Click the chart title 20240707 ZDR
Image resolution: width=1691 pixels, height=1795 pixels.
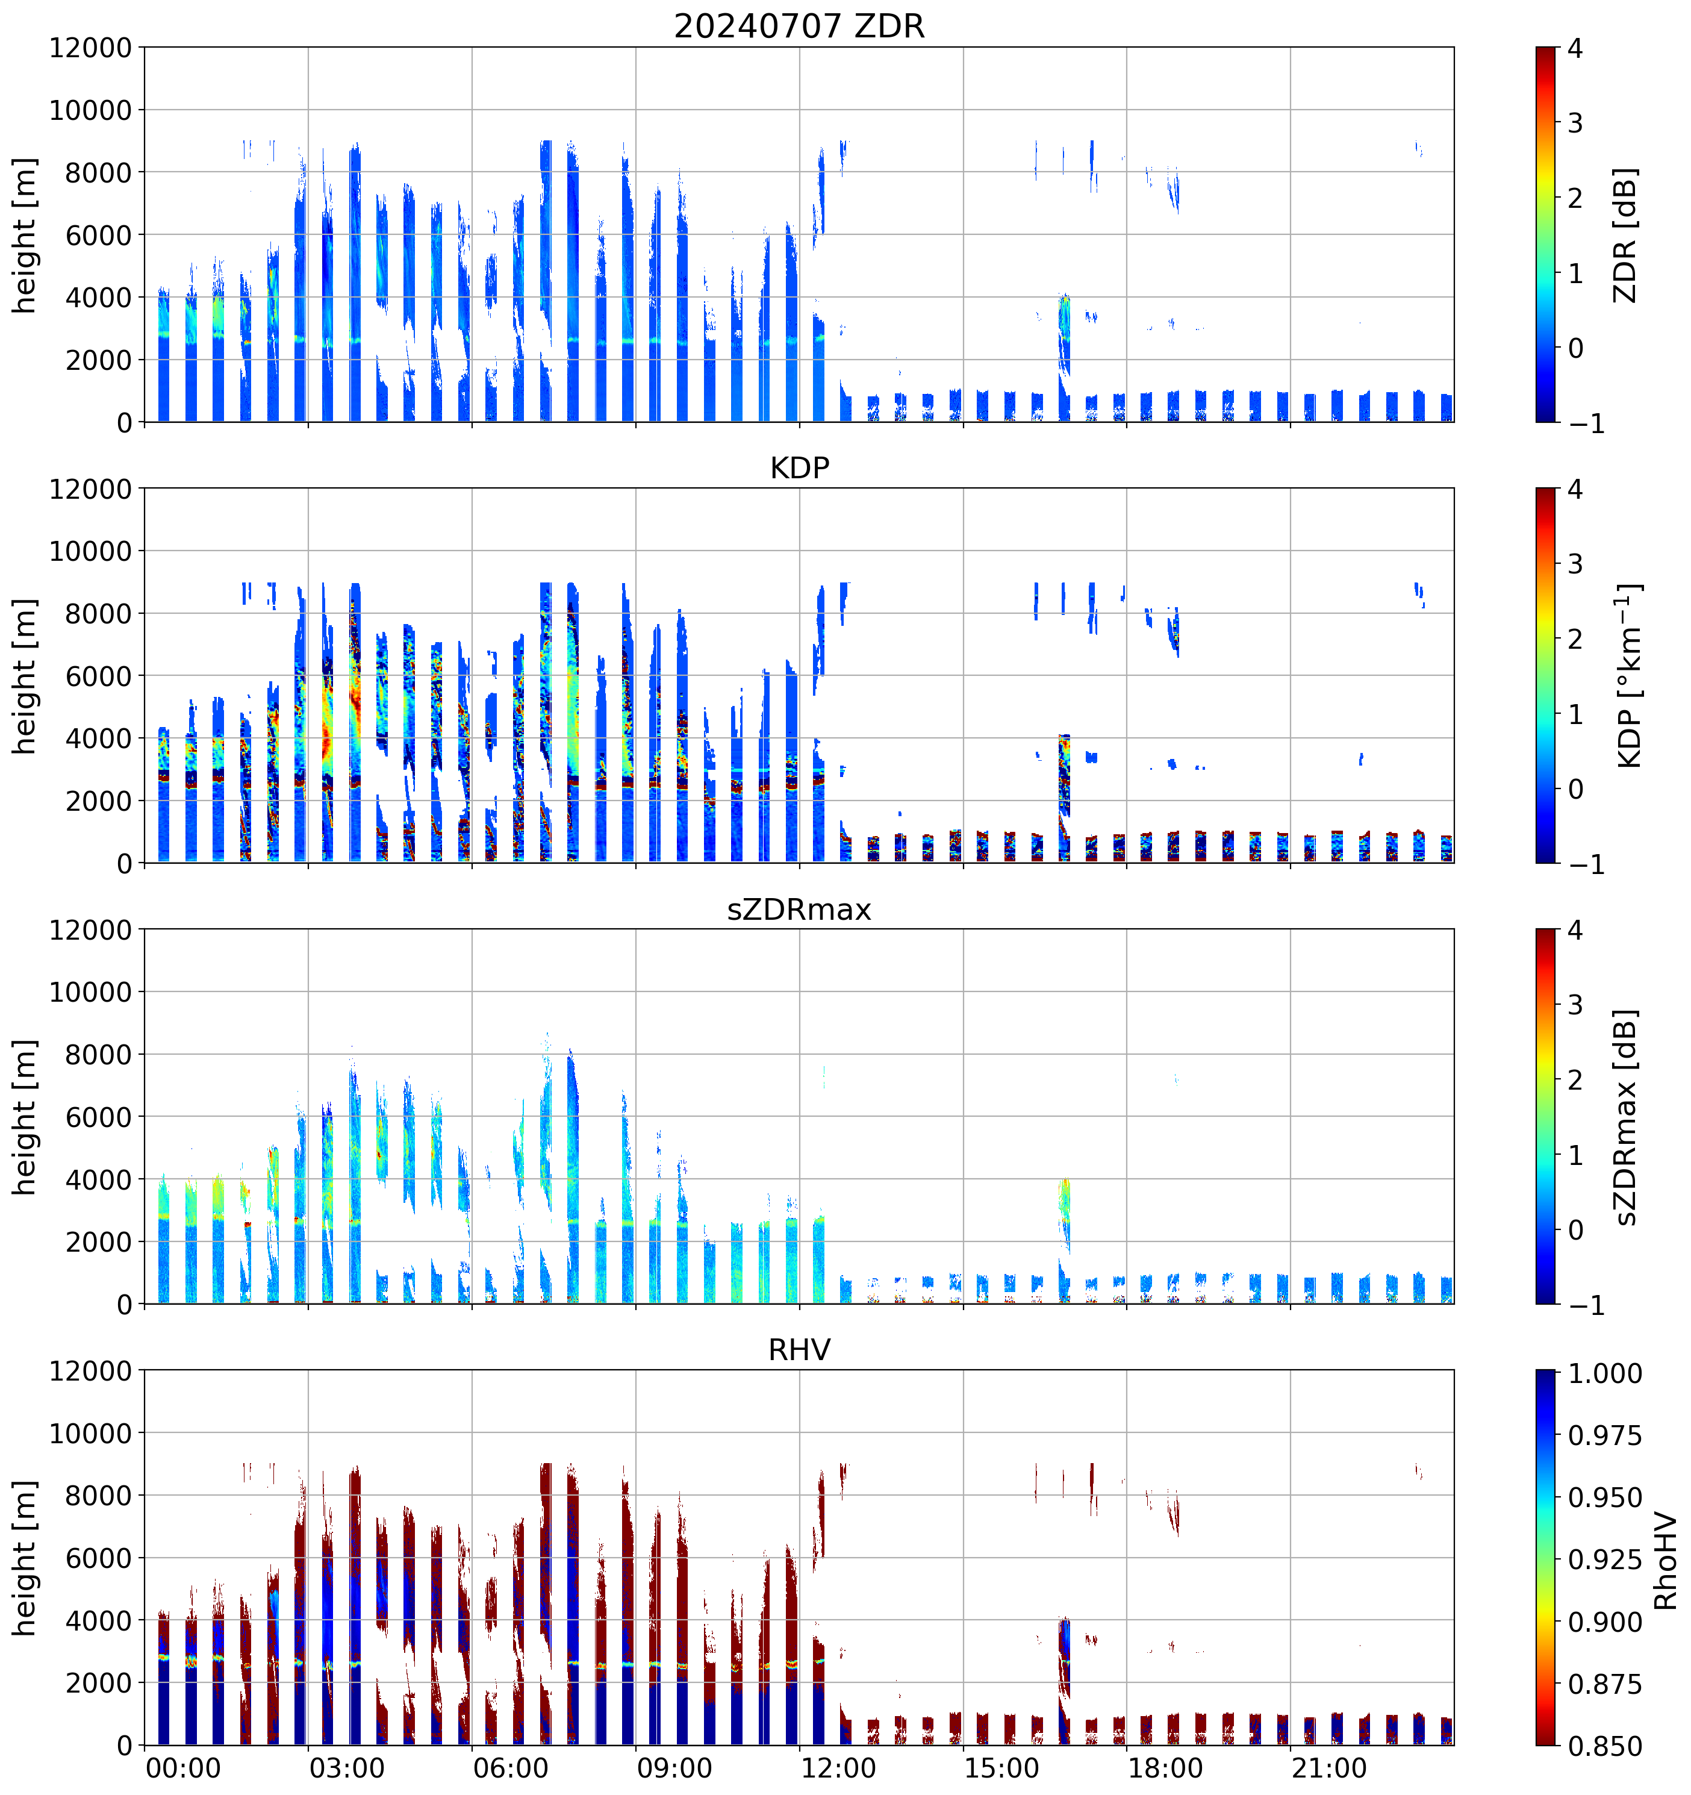pyautogui.click(x=799, y=26)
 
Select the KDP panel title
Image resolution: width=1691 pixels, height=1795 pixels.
pyautogui.click(x=799, y=467)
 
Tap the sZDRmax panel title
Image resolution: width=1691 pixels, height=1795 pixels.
pyautogui.click(x=799, y=909)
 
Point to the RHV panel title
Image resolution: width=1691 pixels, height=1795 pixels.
pyautogui.click(x=799, y=1350)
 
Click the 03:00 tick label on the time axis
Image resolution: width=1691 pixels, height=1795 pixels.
pyautogui.click(x=347, y=1768)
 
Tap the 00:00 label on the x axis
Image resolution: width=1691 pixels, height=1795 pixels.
pyautogui.click(x=183, y=1768)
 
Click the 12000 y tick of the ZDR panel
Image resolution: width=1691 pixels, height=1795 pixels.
pyautogui.click(x=90, y=48)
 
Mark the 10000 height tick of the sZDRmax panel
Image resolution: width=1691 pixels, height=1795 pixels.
pyautogui.click(x=90, y=992)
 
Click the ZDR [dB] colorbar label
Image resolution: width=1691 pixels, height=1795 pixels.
pyautogui.click(x=1625, y=235)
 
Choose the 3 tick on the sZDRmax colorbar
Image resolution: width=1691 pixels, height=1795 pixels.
pyautogui.click(x=1575, y=1005)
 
